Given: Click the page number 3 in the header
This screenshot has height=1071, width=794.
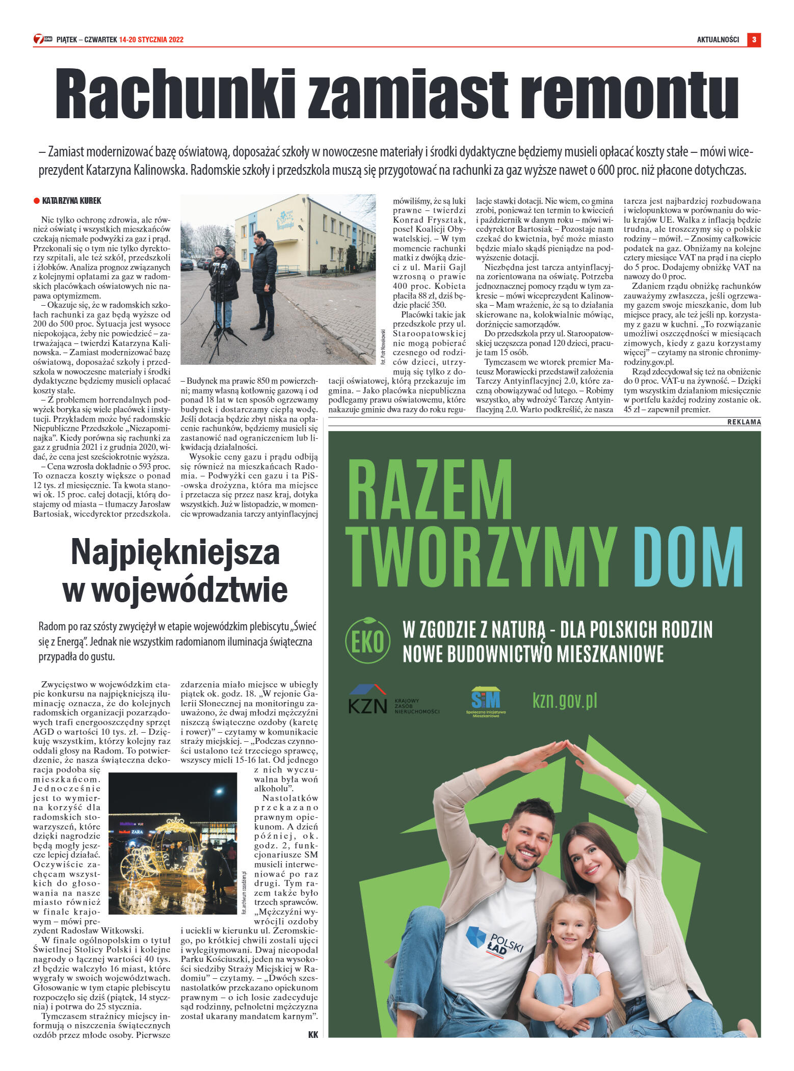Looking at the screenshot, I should tap(754, 39).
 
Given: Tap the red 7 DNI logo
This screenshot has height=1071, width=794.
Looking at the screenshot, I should tap(42, 39).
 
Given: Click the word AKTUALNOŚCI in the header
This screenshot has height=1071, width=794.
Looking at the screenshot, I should tap(718, 40).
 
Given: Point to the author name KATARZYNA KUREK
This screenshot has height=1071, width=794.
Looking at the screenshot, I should tap(71, 201).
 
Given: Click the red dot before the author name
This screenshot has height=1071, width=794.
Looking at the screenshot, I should tap(36, 201).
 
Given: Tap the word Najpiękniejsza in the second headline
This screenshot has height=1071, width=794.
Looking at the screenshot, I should tap(175, 552).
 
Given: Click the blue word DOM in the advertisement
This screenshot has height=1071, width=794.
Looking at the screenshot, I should tap(688, 556).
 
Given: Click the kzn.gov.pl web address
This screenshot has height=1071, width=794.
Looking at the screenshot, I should tap(565, 701).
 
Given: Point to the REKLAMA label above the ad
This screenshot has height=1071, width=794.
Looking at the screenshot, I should tap(744, 422).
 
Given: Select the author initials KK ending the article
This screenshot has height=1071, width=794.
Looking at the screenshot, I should tap(313, 1035).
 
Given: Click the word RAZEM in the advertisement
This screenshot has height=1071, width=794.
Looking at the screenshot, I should tap(429, 490).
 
